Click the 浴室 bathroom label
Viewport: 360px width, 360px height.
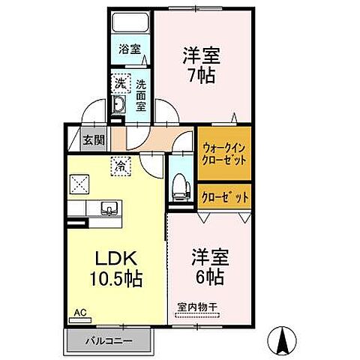[130, 50]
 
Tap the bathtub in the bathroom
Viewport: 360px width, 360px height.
[130, 24]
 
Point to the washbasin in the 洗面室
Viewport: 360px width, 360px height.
[118, 104]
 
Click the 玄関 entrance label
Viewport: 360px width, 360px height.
[94, 140]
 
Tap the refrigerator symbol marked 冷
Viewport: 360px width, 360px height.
[118, 163]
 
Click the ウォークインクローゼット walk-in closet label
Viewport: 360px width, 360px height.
[223, 155]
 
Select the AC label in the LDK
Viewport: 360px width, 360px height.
[79, 310]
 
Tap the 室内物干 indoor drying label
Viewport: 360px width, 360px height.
[196, 307]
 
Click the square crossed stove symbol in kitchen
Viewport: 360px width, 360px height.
[79, 184]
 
